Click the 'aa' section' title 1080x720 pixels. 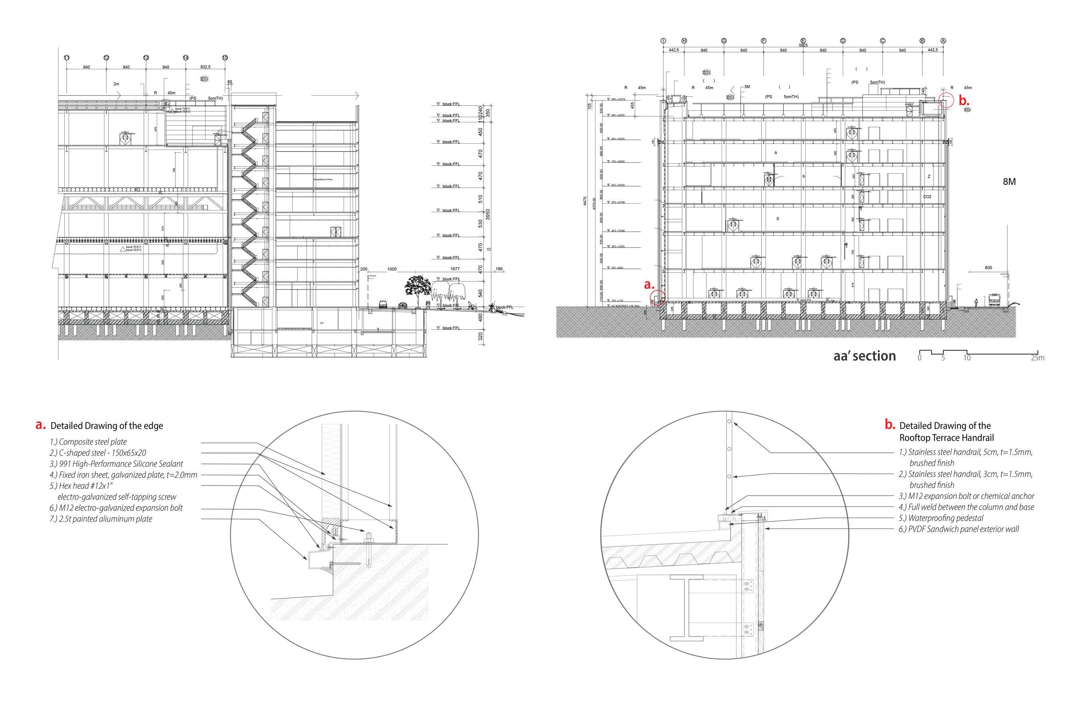[x=864, y=356]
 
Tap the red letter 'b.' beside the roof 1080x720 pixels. [x=964, y=102]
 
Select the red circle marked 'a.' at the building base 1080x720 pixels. [x=658, y=298]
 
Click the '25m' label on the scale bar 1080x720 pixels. [x=1037, y=358]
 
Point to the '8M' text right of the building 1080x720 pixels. [x=1009, y=182]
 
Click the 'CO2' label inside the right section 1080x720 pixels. [x=927, y=197]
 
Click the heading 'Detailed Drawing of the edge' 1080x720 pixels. [x=106, y=426]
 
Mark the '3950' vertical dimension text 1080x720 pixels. [x=488, y=215]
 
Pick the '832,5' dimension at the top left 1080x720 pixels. [x=205, y=68]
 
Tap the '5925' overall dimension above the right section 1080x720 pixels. [x=803, y=46]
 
